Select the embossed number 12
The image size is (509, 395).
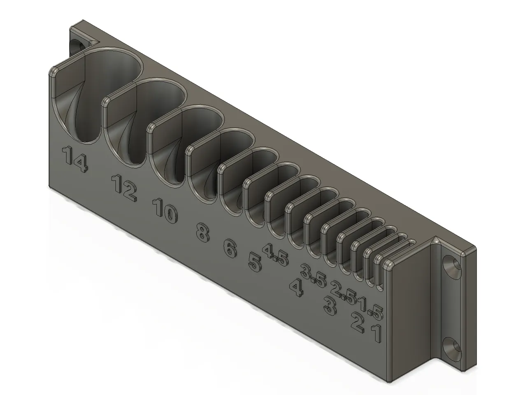coord(124,188)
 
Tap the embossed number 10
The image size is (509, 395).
coord(165,211)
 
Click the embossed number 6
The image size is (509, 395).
coord(230,249)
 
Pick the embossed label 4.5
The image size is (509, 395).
coord(276,255)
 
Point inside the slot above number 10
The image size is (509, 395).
coord(193,136)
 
